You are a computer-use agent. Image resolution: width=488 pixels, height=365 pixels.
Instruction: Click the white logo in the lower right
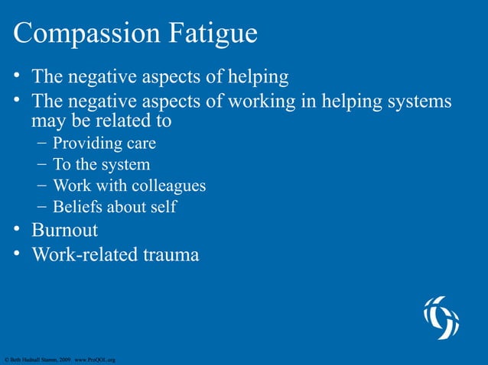[x=441, y=318]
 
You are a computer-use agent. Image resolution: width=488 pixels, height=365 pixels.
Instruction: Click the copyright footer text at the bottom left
[x=59, y=358]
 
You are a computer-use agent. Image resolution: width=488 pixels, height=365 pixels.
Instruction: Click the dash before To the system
[x=41, y=164]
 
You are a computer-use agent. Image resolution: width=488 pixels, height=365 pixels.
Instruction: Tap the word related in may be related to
[x=124, y=121]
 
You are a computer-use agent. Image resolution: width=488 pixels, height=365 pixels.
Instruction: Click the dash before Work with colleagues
[x=41, y=185]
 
